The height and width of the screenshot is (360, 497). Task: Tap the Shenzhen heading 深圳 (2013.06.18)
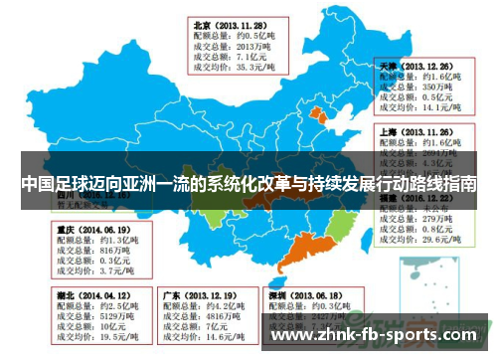(x=299, y=295)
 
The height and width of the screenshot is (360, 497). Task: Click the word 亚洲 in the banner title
(x=133, y=184)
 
